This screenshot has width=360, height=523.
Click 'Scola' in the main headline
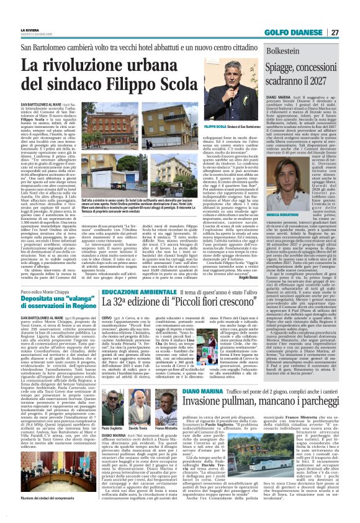184,82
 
